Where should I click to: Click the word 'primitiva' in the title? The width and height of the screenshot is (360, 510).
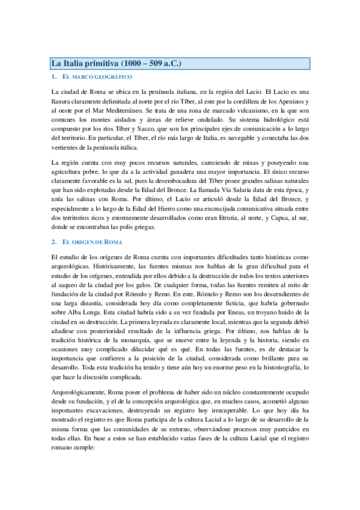tap(100, 63)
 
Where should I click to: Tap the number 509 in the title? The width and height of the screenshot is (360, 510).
tap(158, 63)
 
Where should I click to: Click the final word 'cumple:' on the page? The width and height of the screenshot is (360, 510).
tap(90, 452)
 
